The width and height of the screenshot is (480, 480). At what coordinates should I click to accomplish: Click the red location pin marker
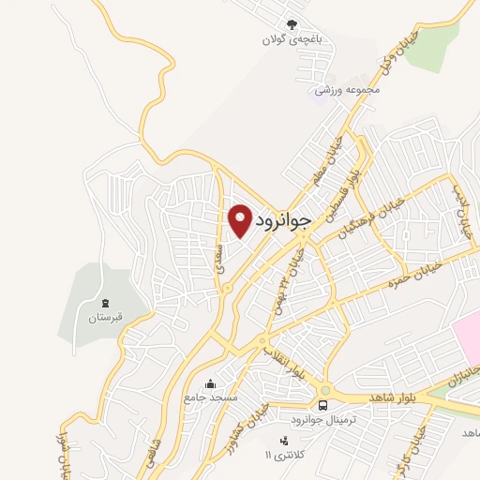241,219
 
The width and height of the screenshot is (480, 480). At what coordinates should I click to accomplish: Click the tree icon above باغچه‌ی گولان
292,25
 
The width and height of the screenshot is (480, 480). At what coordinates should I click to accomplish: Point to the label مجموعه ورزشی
346,90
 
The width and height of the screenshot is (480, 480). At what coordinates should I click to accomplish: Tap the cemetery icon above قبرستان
105,304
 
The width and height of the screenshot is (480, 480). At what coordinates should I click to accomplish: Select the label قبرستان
105,319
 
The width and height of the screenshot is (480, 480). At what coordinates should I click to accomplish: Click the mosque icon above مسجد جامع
210,383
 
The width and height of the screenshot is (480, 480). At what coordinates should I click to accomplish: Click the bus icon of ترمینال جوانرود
322,405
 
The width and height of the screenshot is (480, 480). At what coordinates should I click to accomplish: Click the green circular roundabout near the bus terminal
325,391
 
